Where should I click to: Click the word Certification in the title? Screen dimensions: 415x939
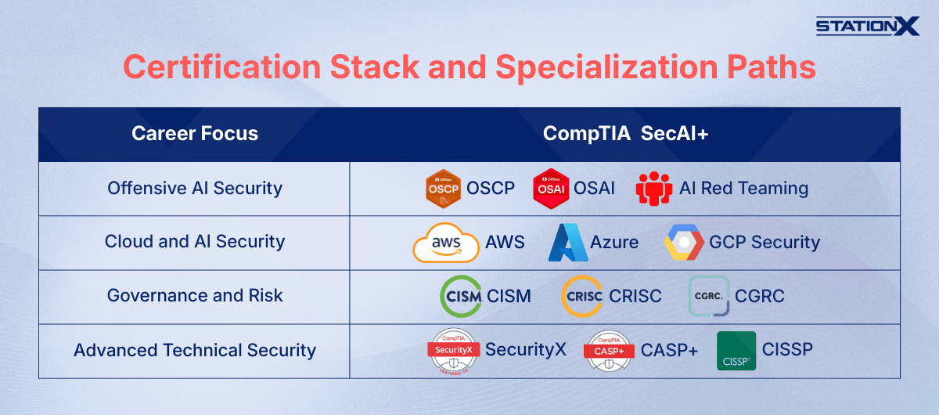click(x=221, y=67)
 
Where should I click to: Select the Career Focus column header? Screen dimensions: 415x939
click(x=194, y=134)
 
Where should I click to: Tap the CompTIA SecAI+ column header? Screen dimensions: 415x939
click(x=625, y=134)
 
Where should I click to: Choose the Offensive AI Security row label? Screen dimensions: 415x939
click(x=194, y=189)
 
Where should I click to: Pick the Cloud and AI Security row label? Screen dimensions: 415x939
click(x=194, y=242)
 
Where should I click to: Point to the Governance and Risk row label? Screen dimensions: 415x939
click(x=194, y=296)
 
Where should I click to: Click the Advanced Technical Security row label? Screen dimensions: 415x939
click(x=194, y=350)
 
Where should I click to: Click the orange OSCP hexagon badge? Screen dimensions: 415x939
click(x=443, y=189)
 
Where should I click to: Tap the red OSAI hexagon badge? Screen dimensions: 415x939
click(x=551, y=189)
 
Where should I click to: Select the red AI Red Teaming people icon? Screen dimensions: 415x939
click(x=654, y=189)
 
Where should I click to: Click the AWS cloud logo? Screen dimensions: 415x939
click(x=446, y=244)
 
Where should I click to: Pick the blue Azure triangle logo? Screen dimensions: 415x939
click(x=567, y=243)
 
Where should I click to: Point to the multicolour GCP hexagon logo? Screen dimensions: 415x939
click(x=684, y=243)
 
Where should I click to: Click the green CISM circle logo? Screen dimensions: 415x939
click(x=461, y=297)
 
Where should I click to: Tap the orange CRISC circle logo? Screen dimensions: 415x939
click(x=582, y=297)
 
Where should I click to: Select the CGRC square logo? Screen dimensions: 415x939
click(x=709, y=296)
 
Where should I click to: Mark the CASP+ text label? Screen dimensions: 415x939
click(x=669, y=351)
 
